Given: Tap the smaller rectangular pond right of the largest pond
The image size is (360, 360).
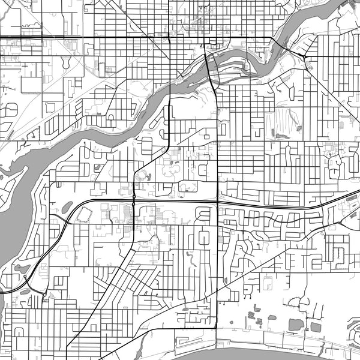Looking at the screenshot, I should (x=316, y=327).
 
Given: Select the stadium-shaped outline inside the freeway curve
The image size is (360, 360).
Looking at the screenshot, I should (x=83, y=214).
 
